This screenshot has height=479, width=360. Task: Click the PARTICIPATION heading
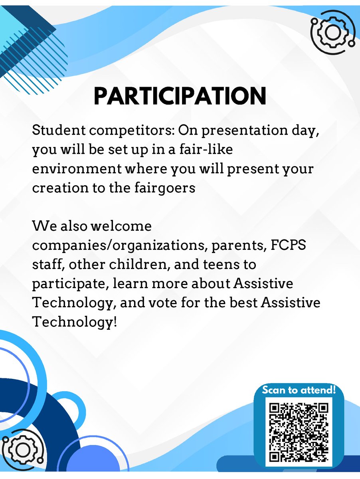pos(180,95)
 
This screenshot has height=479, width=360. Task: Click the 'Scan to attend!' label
pos(299,390)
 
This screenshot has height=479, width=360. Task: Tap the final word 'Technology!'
pos(75,322)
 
